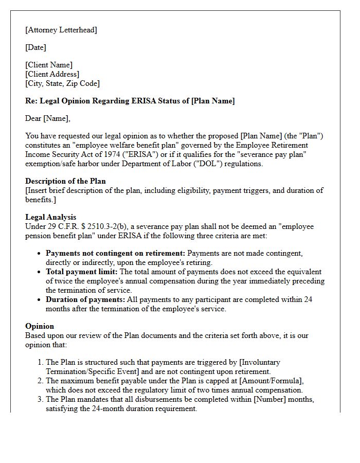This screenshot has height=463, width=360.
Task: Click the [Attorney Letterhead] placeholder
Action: coord(61,30)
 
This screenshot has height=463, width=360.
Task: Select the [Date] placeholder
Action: coord(35,47)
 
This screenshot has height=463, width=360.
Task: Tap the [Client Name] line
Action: coord(49,65)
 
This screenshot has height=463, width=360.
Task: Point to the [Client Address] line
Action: coord(52,74)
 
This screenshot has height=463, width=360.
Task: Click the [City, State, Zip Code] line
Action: coord(62,83)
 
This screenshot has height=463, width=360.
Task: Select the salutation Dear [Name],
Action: coord(48,118)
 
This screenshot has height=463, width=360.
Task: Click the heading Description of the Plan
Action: coord(65,181)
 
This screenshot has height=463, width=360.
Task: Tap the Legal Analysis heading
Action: coord(50,217)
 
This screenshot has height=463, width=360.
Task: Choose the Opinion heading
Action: coord(40,326)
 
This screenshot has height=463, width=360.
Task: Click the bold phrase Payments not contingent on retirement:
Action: coord(115,253)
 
